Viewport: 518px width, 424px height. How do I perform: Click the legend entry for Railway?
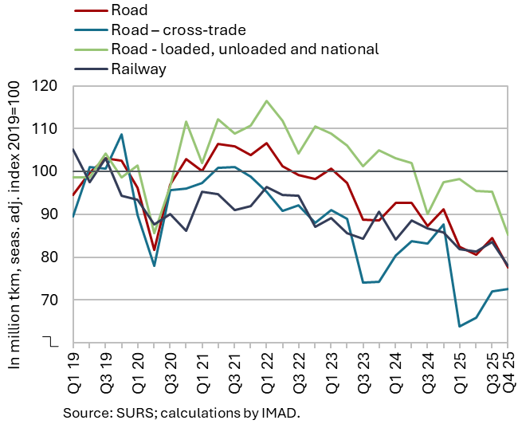[x=139, y=69]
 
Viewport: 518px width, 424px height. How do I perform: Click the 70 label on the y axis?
[x=55, y=300]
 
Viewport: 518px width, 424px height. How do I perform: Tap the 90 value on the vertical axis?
[x=55, y=214]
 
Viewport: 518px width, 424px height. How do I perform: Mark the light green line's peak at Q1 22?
[x=266, y=101]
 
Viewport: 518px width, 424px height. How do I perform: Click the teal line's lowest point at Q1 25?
[x=460, y=326]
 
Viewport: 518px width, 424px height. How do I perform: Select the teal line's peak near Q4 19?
[x=121, y=134]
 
